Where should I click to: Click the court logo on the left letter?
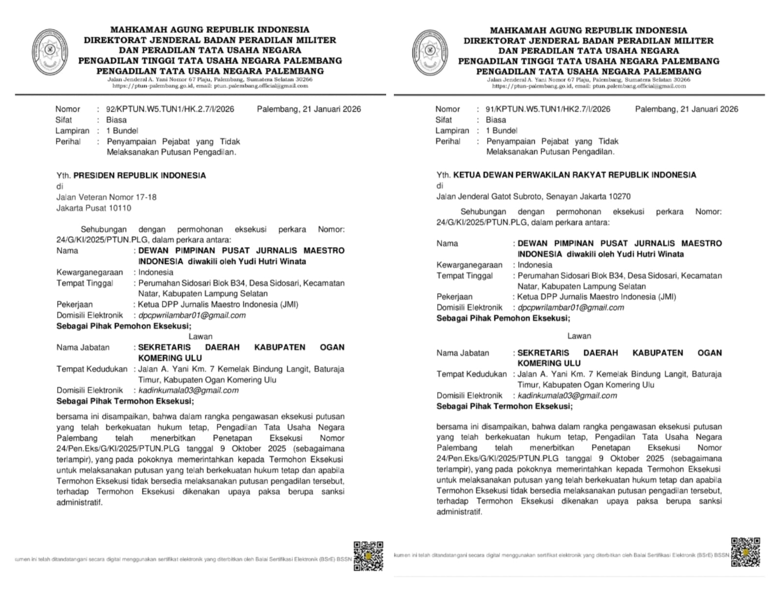(x=50, y=52)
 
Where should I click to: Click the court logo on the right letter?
(x=429, y=52)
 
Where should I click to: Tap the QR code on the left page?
(x=368, y=556)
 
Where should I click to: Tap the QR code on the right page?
(x=745, y=552)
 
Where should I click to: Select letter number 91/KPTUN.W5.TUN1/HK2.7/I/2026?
(x=547, y=109)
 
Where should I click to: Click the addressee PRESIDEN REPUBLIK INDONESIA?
(x=139, y=175)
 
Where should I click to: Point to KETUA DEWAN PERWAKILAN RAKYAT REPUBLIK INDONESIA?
(x=574, y=175)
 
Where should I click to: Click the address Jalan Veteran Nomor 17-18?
(x=106, y=197)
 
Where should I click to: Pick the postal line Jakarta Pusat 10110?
(x=94, y=208)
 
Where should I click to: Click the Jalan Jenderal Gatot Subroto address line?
(x=533, y=196)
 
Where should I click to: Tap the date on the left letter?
(x=309, y=109)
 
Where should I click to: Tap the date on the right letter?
(x=686, y=109)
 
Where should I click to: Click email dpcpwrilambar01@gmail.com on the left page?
(x=192, y=315)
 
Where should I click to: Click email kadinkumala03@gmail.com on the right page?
(x=567, y=395)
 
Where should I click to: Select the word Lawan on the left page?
(x=200, y=336)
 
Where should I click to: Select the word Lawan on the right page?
(x=579, y=336)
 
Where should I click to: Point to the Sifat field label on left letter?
(x=63, y=120)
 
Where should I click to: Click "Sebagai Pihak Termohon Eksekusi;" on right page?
(x=504, y=406)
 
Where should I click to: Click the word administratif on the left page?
(x=79, y=502)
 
